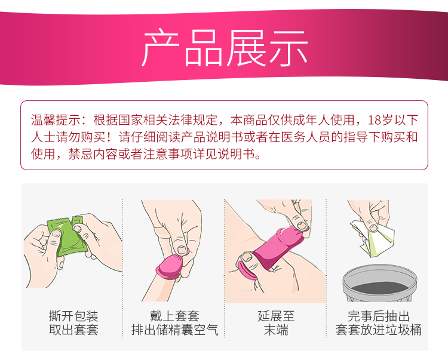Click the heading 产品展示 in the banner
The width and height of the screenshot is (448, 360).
tap(225, 48)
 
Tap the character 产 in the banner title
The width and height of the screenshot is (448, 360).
tap(161, 48)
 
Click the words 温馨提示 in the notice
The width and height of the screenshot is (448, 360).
tap(56, 120)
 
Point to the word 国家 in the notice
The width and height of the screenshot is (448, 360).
tap(131, 120)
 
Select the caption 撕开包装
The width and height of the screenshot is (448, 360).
tap(73, 316)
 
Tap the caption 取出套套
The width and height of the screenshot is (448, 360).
tap(73, 330)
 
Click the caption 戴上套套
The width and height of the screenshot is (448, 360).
tap(174, 316)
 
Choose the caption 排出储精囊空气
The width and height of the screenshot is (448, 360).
tap(174, 330)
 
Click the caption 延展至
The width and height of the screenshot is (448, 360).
tap(276, 316)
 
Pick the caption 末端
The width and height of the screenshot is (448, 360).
tap(276, 330)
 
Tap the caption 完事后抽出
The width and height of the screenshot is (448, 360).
tap(379, 316)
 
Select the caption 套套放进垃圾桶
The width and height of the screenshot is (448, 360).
tap(379, 330)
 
